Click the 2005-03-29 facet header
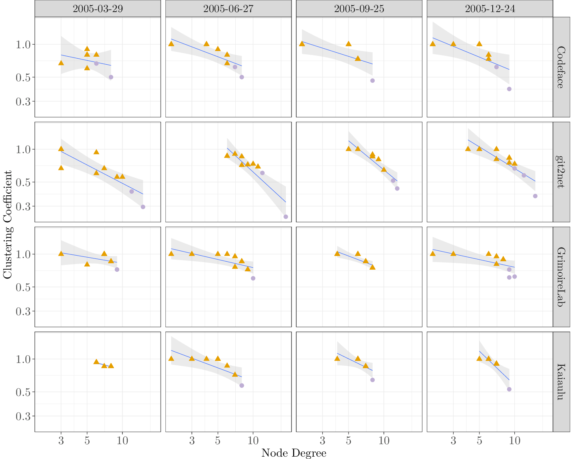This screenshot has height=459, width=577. [x=98, y=8]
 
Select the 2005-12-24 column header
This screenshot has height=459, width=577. [x=490, y=8]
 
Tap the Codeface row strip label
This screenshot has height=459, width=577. [x=561, y=67]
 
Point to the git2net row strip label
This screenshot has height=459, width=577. [x=561, y=172]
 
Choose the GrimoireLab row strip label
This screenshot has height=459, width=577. [x=561, y=277]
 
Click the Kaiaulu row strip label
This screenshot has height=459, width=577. [x=561, y=382]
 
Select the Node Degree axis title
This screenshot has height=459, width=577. [x=294, y=453]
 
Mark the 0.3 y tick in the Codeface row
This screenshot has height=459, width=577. [x=23, y=102]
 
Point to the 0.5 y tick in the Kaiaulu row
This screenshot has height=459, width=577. [x=23, y=392]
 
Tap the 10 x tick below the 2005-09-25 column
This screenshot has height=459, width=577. [x=384, y=441]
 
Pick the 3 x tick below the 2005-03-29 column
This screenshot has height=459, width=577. [x=61, y=441]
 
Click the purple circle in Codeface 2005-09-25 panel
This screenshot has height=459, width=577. [x=372, y=81]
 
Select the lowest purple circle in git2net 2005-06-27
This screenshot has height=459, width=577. [x=285, y=217]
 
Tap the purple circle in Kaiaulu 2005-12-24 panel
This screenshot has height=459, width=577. [x=509, y=389]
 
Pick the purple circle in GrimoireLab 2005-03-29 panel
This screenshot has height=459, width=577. [x=117, y=269]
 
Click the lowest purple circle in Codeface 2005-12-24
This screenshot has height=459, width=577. [x=509, y=89]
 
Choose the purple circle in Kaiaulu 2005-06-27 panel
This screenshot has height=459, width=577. [x=242, y=385]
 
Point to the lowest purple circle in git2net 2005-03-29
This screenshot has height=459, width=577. [x=143, y=207]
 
